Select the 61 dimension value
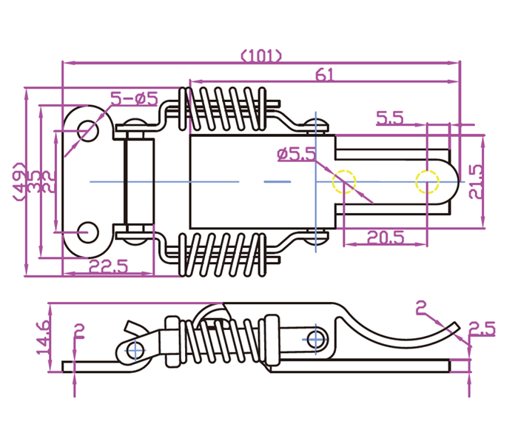click(x=325, y=75)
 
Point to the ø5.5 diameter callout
click(x=295, y=154)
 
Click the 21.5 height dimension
click(x=475, y=181)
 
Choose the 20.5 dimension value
click(x=385, y=238)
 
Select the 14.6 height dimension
click(x=44, y=336)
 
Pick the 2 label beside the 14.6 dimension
click(x=80, y=331)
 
